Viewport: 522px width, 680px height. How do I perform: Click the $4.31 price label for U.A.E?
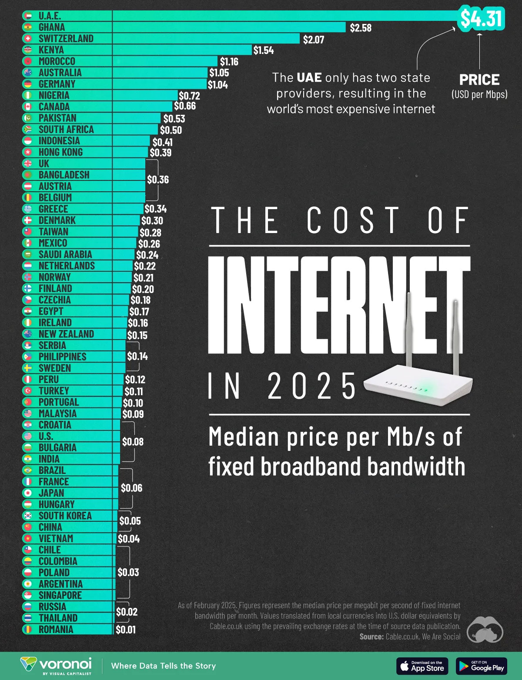[x=482, y=18]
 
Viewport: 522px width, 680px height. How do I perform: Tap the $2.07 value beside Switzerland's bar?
[x=313, y=40]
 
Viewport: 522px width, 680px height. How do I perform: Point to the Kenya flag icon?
[x=28, y=50]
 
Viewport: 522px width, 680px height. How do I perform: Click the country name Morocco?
[x=57, y=61]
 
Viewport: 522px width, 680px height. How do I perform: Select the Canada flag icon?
[x=28, y=107]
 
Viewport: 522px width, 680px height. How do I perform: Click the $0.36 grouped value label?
[x=158, y=180]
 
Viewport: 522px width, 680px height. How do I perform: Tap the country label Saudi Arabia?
[x=65, y=254]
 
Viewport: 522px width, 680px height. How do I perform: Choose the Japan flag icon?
[x=28, y=493]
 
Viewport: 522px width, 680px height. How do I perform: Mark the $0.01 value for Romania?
[x=125, y=630]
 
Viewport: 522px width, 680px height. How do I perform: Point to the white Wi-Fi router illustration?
[x=418, y=383]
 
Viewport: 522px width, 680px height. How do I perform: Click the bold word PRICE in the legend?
[x=479, y=80]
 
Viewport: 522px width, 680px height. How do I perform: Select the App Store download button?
[x=422, y=666]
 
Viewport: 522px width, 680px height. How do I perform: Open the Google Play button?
[x=481, y=666]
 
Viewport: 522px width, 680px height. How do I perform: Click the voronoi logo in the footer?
[x=57, y=666]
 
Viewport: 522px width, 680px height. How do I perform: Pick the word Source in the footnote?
[x=371, y=637]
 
